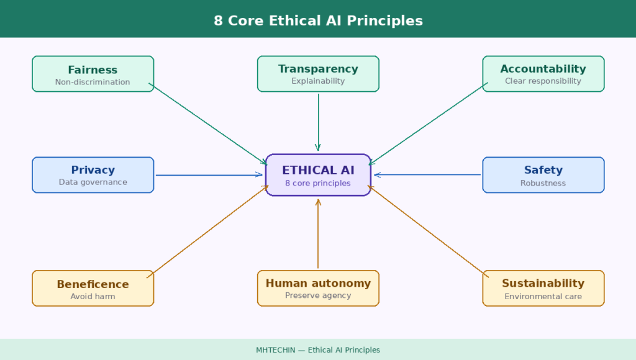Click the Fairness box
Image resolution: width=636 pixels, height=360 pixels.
click(93, 74)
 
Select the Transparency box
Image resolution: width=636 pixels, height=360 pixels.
click(318, 74)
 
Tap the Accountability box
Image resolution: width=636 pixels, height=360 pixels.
click(543, 74)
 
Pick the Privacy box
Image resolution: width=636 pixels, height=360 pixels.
click(93, 175)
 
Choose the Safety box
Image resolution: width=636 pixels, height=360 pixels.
click(543, 175)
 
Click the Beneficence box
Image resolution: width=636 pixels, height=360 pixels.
click(93, 288)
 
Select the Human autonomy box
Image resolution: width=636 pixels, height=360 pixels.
click(318, 288)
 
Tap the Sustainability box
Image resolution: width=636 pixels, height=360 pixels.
click(543, 288)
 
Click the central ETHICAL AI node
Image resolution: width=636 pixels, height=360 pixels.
click(318, 175)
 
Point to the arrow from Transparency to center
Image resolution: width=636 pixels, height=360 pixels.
click(319, 122)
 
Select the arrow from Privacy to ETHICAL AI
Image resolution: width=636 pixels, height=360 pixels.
click(209, 175)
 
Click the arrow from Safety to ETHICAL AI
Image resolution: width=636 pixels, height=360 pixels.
click(427, 175)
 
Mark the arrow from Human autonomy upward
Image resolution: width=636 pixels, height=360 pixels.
click(318, 233)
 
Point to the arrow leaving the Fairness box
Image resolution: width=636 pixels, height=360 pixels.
click(208, 124)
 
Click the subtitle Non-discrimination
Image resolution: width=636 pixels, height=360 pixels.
click(93, 82)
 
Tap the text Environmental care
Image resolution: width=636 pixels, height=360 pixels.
click(543, 296)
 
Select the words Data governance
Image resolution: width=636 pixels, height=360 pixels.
click(93, 182)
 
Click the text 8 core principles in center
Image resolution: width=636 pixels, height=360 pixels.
click(318, 183)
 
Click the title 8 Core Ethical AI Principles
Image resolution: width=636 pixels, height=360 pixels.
click(319, 20)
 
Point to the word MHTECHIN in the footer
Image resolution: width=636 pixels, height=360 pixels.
click(275, 350)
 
